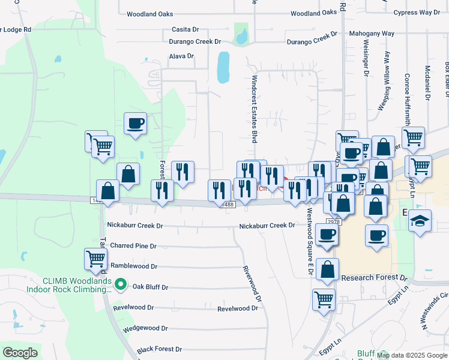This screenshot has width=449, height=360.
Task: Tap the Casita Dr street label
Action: (x=185, y=29)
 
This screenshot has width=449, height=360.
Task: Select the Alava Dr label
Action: (x=181, y=56)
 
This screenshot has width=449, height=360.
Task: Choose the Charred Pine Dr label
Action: (x=133, y=246)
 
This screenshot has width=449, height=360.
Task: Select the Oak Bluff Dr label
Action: (x=150, y=287)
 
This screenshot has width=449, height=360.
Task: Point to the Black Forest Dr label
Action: (x=159, y=349)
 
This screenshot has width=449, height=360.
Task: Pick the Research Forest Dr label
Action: (x=374, y=278)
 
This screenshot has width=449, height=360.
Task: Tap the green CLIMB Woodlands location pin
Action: (x=121, y=284)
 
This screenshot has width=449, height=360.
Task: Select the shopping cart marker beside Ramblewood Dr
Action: (x=95, y=260)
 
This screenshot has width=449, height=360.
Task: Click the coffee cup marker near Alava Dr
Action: (x=135, y=124)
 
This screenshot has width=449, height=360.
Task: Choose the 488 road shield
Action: (x=229, y=205)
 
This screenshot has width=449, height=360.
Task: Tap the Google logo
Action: (x=20, y=353)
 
